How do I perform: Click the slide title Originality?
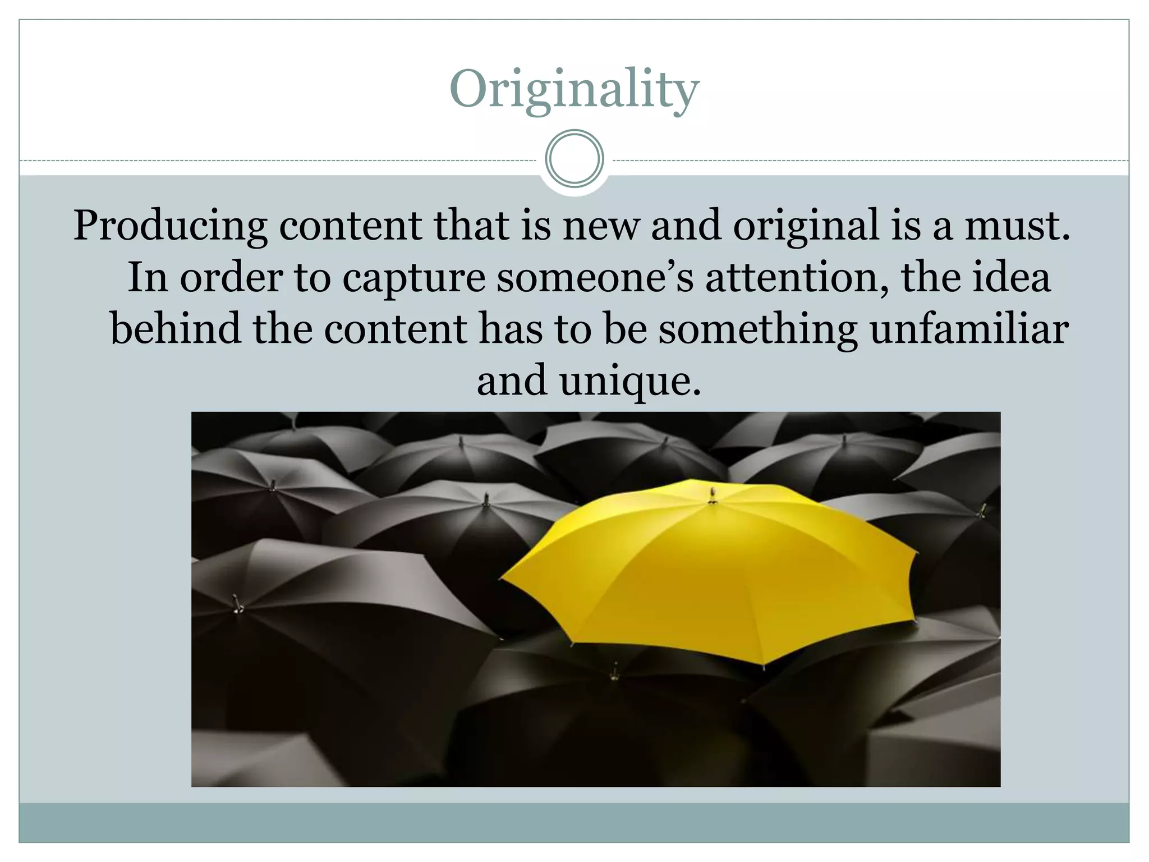[x=574, y=90]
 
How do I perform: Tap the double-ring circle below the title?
[x=574, y=159]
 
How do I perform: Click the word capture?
[x=414, y=278]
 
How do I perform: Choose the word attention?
[x=797, y=277]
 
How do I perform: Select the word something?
[x=757, y=330]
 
